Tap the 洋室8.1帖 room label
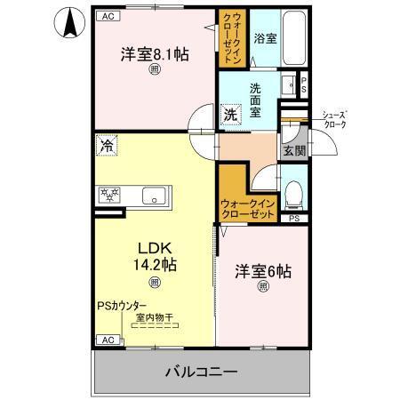click(155, 54)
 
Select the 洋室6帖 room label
click(263, 270)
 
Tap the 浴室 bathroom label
click(263, 40)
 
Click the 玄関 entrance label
click(293, 152)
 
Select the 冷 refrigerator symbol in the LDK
click(106, 143)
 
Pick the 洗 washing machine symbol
click(230, 114)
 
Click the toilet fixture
click(293, 191)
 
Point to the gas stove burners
click(111, 194)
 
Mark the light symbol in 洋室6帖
click(263, 286)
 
